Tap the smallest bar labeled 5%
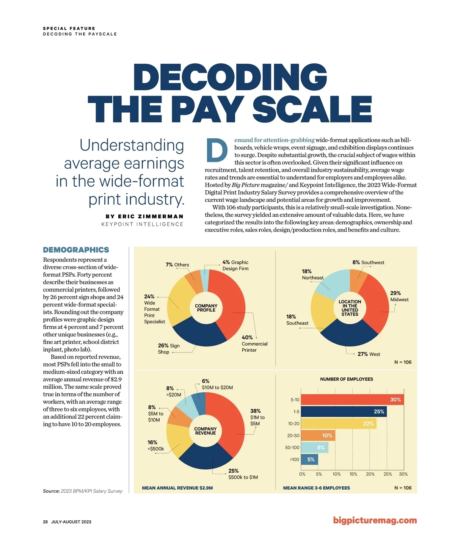tap(309, 459)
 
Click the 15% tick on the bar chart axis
tap(353, 474)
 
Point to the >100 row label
tap(294, 459)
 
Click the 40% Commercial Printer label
tap(254, 344)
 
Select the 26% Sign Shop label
tap(169, 349)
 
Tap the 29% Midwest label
tap(399, 296)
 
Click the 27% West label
tap(369, 354)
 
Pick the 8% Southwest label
tap(368, 262)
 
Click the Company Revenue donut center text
tap(206, 431)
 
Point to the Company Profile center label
tap(206, 308)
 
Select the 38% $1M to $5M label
tap(257, 417)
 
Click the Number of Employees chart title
tap(347, 379)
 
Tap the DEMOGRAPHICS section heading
tap(76, 250)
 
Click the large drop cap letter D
tap(217, 150)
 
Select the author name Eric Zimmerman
tap(144, 216)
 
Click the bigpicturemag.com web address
tap(375, 520)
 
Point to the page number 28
tap(45, 522)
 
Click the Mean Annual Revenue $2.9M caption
tap(177, 488)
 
